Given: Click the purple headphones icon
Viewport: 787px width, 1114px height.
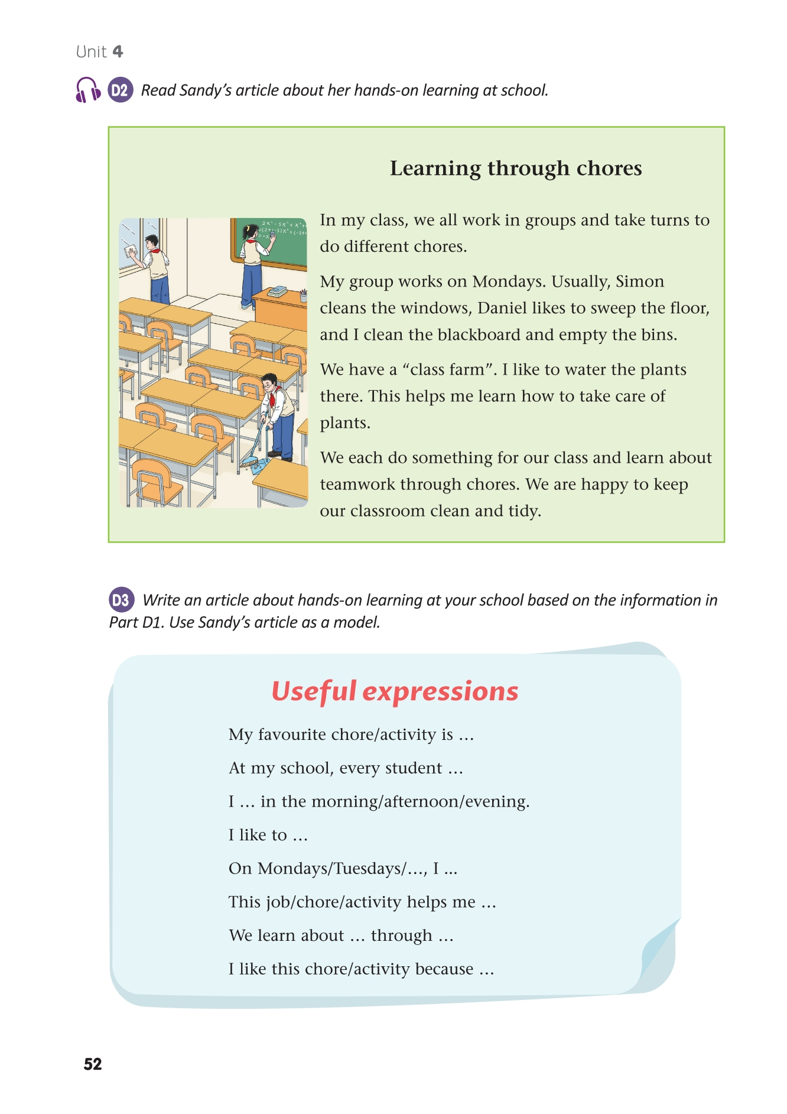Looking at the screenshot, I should coord(88,90).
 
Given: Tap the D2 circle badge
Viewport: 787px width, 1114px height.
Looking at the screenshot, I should coord(120,90).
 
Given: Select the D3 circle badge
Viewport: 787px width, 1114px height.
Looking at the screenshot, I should coord(121,600).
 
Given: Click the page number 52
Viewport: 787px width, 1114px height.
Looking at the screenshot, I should coord(93,1064).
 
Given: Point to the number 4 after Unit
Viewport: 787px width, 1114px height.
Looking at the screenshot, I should coord(118,52).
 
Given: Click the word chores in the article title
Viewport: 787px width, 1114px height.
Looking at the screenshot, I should coord(609,168).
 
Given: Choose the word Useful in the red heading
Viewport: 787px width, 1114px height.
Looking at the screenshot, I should coord(314,691).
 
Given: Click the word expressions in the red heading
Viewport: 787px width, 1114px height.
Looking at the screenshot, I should coord(440,691).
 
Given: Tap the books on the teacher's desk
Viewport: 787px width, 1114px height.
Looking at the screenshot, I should coord(277,291).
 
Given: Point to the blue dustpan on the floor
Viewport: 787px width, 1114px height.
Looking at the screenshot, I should coord(258,466).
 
